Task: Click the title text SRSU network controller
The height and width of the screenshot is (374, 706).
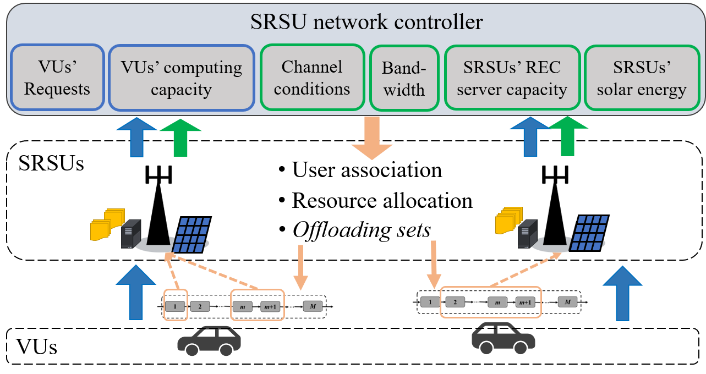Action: [x=366, y=23]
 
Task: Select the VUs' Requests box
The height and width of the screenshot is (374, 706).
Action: [x=57, y=78]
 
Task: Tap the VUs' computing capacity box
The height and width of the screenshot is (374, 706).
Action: [x=181, y=78]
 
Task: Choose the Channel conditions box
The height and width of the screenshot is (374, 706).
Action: [x=311, y=78]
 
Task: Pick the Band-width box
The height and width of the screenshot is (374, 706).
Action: [x=404, y=78]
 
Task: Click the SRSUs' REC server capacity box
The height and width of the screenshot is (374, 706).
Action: [x=512, y=78]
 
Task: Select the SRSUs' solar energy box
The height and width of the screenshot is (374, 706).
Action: [x=642, y=78]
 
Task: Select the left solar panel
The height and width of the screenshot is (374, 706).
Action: [x=190, y=234]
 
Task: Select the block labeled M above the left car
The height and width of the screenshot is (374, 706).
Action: [x=313, y=306]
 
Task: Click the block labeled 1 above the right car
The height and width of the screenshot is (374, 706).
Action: [x=430, y=302]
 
